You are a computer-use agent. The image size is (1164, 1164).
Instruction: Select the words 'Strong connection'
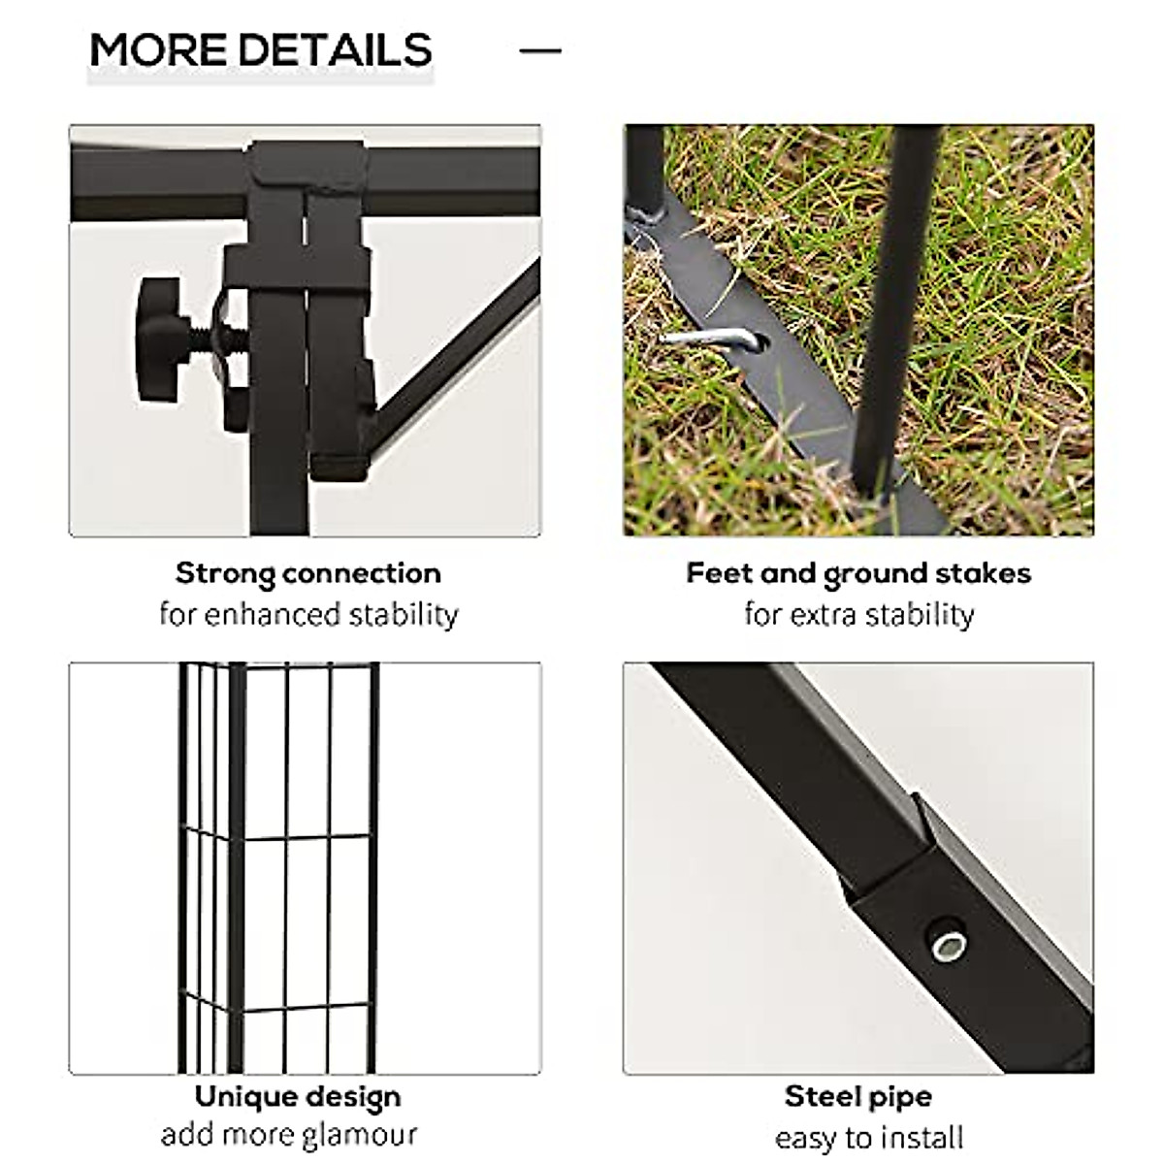(308, 573)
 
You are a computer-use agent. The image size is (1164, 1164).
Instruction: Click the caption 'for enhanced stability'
(308, 615)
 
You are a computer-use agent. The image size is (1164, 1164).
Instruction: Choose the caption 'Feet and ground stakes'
(858, 573)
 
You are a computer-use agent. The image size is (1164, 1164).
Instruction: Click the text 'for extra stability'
(858, 615)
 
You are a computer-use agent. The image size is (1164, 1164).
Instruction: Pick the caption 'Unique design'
(298, 1097)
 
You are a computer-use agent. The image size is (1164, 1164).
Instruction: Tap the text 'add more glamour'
(289, 1134)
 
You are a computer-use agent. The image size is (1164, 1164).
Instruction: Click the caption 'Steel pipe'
(858, 1097)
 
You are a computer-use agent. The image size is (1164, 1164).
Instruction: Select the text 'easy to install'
(869, 1137)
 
